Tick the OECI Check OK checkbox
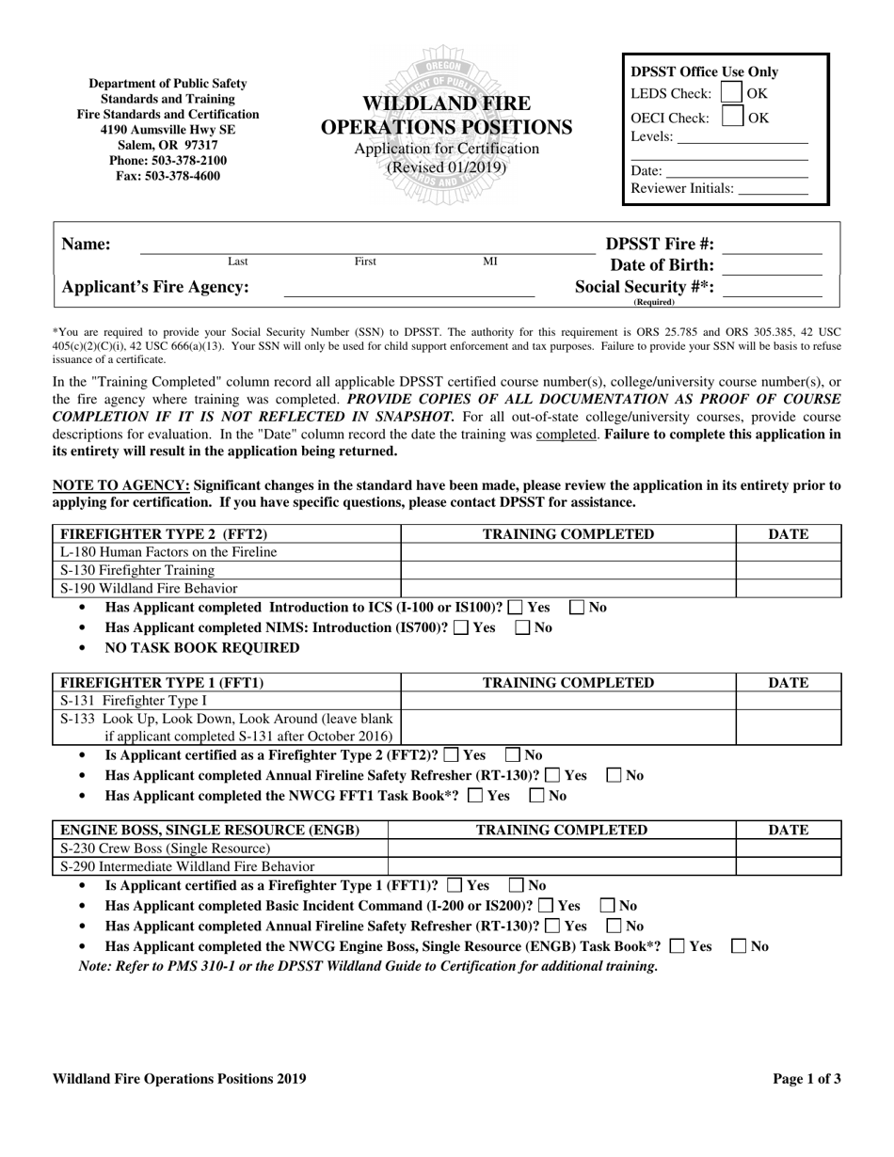[x=731, y=117]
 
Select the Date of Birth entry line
[x=772, y=267]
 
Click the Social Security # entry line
[x=772, y=290]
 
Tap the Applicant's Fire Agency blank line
[x=408, y=290]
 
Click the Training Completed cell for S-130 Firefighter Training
[x=567, y=570]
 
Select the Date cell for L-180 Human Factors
[x=788, y=552]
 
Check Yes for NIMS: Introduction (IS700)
[x=460, y=628]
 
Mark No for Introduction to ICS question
[x=577, y=608]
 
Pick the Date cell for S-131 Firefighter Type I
[x=788, y=701]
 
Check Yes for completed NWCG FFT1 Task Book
[x=475, y=796]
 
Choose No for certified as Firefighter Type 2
[x=513, y=755]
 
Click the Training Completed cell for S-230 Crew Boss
[x=561, y=848]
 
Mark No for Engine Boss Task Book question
[x=740, y=946]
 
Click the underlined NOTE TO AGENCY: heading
[x=120, y=485]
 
